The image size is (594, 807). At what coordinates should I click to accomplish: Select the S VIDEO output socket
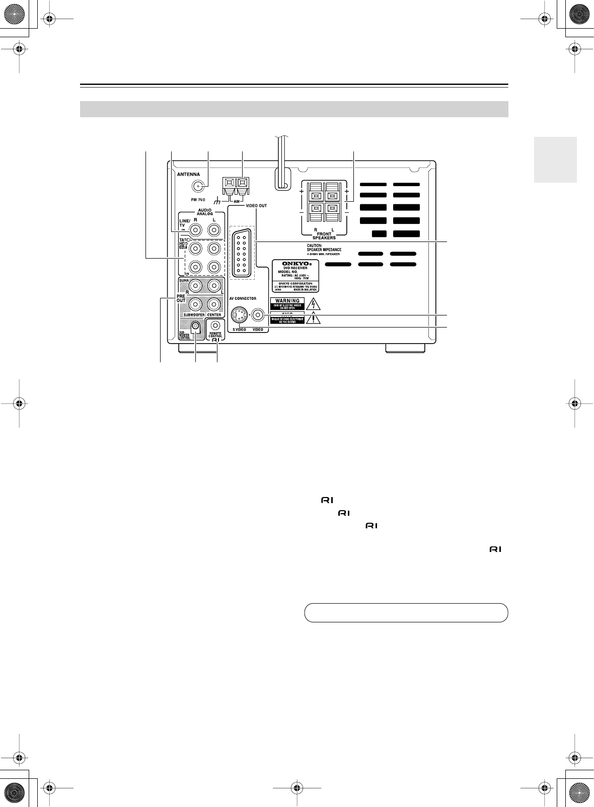239,315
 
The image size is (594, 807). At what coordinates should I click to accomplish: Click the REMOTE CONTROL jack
215,326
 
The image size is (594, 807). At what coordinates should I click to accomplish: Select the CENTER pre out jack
214,304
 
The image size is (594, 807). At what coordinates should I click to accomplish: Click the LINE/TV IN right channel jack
195,230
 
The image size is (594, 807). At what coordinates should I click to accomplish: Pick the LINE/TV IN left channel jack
214,230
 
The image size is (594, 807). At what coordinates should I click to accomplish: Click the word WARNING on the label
287,301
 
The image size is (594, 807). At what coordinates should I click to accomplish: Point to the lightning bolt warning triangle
314,303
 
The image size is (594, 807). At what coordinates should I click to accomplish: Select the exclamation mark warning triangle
314,319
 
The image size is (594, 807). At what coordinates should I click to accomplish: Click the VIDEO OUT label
256,206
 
